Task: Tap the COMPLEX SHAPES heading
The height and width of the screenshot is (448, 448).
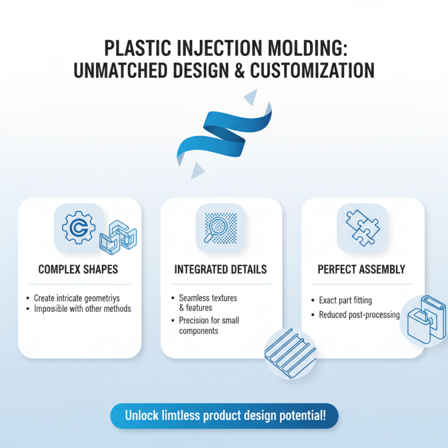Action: click(78, 269)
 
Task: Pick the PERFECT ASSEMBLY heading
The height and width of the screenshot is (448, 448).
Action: click(361, 269)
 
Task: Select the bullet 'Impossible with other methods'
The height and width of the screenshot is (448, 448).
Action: click(82, 309)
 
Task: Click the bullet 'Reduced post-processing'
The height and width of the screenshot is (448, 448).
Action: click(359, 315)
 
